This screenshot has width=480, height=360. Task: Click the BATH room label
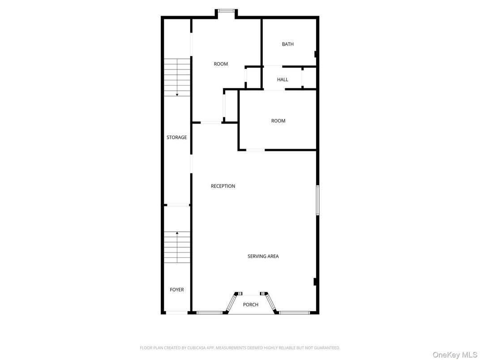[287, 44]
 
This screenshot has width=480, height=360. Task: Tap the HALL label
[283, 79]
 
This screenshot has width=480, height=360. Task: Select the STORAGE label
[176, 137]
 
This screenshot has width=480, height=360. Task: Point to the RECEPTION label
[223, 186]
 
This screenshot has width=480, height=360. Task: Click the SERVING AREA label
[263, 256]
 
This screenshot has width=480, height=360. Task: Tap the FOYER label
[176, 290]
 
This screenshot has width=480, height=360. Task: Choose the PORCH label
[250, 304]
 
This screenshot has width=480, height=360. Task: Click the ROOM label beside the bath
[221, 64]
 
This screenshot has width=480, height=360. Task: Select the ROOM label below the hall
[278, 121]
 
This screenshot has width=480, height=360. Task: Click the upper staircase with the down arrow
[177, 77]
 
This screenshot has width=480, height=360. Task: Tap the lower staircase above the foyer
[177, 247]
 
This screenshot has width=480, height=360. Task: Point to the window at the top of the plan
[226, 12]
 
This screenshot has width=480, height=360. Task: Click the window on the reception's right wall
[317, 200]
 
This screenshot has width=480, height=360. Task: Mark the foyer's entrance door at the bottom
[176, 313]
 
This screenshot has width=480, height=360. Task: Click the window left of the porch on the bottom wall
[210, 313]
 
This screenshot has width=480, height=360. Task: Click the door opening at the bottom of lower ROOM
[255, 150]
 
